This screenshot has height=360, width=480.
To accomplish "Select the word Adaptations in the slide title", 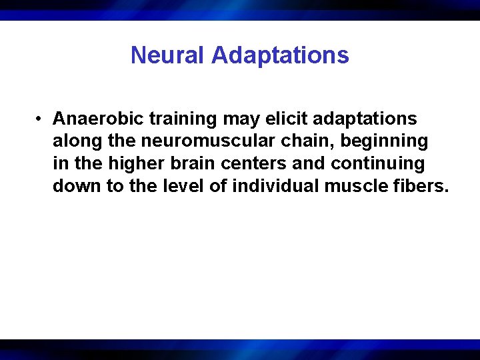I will (x=280, y=55).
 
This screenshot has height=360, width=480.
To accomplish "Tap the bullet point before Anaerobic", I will (x=41, y=119).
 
